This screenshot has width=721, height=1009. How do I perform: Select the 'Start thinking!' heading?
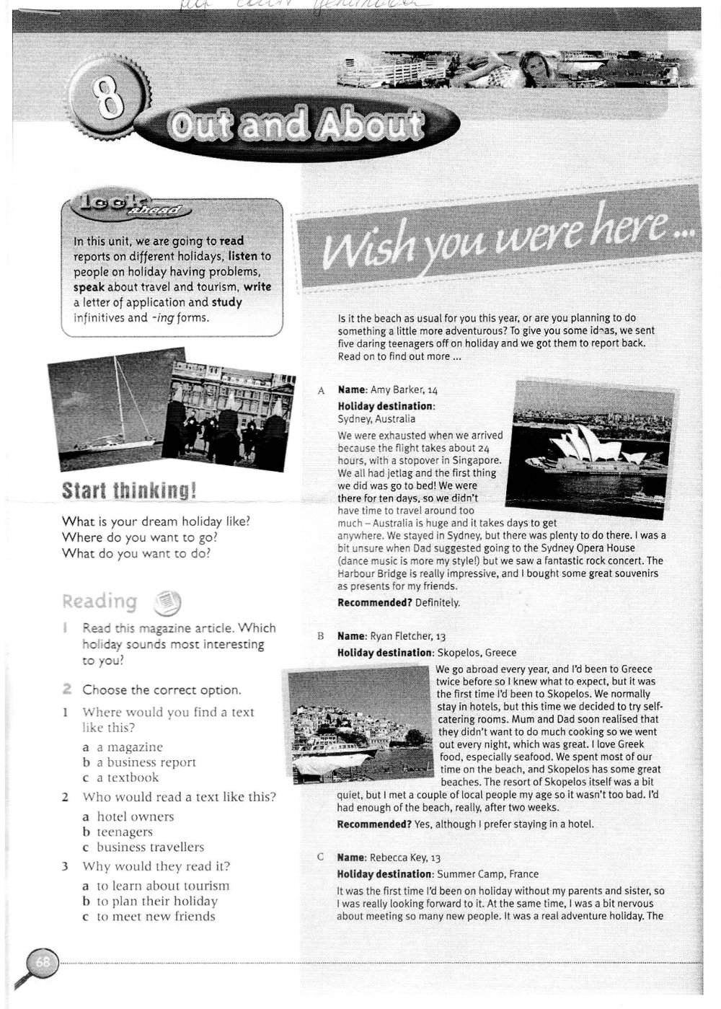tap(129, 492)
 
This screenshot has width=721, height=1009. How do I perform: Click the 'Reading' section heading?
tap(99, 601)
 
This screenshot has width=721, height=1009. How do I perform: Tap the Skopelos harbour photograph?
tap(358, 724)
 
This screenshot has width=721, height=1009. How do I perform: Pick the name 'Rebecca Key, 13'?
tap(404, 858)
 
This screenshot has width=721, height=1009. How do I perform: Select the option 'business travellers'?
tap(150, 847)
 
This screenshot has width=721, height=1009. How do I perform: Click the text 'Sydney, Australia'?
tap(376, 418)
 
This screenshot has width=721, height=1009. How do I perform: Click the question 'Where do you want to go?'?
tap(140, 537)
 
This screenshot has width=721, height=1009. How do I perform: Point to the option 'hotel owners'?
tap(135, 816)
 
